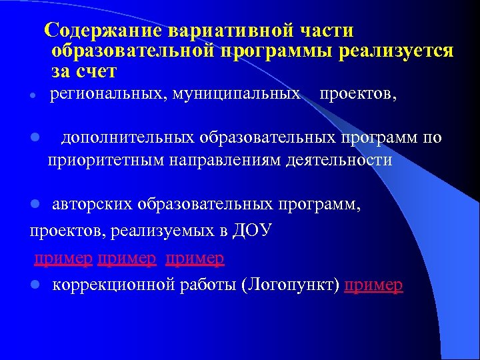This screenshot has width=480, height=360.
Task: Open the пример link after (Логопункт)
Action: [374, 285]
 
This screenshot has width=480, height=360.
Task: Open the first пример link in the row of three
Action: [63, 257]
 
